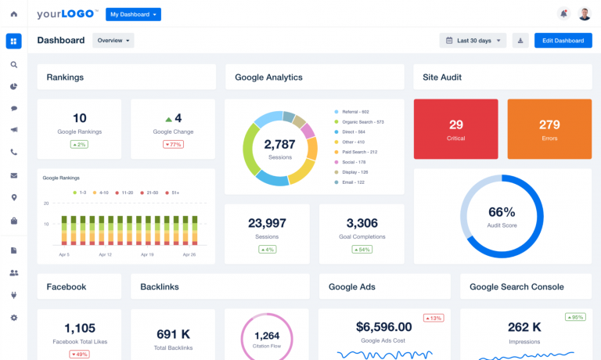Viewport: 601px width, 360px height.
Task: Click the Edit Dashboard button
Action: tap(563, 41)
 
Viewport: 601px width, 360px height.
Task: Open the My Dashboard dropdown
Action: tap(133, 14)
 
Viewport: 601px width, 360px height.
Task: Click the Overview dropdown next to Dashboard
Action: tap(113, 41)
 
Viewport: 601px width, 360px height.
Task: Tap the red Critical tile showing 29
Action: tap(456, 130)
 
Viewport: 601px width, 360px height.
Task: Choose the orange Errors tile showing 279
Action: tap(549, 130)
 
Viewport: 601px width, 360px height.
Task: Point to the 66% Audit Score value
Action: tap(501, 212)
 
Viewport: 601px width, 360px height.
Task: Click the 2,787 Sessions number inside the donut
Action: tap(279, 145)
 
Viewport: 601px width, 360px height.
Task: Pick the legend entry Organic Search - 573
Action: tap(359, 122)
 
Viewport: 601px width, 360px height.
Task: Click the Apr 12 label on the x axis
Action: tap(106, 255)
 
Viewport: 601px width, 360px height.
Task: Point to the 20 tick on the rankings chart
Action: tap(46, 203)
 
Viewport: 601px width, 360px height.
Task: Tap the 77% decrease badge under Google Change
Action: tap(173, 145)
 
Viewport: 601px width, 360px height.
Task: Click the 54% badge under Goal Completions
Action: tap(361, 250)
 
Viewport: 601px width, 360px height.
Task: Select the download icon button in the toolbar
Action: tap(520, 41)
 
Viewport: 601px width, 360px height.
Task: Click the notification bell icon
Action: tap(563, 14)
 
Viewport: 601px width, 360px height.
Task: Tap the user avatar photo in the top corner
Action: tap(585, 14)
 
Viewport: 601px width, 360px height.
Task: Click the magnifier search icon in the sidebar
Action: tap(14, 65)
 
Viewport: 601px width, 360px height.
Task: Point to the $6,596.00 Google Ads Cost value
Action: tap(383, 327)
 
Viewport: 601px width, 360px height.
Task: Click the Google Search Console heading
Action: tap(516, 287)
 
